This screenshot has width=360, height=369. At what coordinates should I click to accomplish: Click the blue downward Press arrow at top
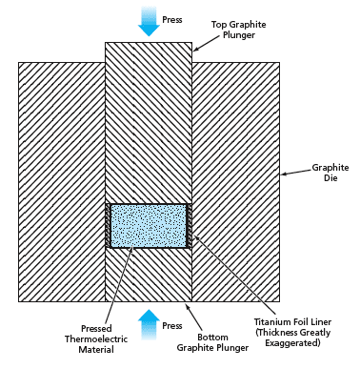[149, 21]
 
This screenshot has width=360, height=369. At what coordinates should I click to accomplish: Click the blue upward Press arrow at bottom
[149, 324]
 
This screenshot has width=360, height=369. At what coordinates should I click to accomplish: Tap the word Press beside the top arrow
[172, 20]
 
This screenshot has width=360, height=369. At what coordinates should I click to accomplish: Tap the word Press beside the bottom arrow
[172, 326]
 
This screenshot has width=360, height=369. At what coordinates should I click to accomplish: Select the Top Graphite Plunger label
[239, 30]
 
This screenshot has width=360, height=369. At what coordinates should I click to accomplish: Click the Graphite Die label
[330, 173]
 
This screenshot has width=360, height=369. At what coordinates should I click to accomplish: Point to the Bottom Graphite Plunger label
[212, 342]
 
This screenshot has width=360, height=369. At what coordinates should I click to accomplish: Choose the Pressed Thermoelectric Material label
[96, 339]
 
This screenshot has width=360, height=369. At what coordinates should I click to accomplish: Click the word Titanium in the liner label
[272, 321]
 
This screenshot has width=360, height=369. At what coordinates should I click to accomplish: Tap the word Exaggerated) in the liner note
[292, 343]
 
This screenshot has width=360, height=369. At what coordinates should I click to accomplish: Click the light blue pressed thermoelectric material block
[149, 226]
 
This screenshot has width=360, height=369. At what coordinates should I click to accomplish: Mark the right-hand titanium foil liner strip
[189, 226]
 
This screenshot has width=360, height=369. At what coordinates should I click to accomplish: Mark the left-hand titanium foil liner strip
[108, 226]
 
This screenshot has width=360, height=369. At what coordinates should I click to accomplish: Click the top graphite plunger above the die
[149, 123]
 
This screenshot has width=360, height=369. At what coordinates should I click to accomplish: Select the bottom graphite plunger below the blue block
[149, 275]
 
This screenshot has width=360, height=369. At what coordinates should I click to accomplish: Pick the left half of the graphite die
[62, 182]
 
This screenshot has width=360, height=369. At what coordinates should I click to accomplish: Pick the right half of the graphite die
[236, 182]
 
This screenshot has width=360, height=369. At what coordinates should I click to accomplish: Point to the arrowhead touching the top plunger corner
[196, 49]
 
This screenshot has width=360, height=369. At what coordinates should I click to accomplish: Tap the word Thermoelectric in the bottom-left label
[96, 339]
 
